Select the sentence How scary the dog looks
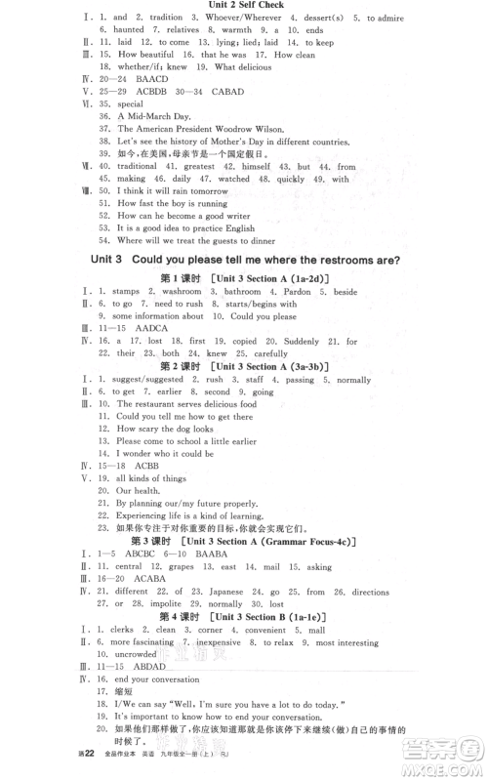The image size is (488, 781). click(x=164, y=430)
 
